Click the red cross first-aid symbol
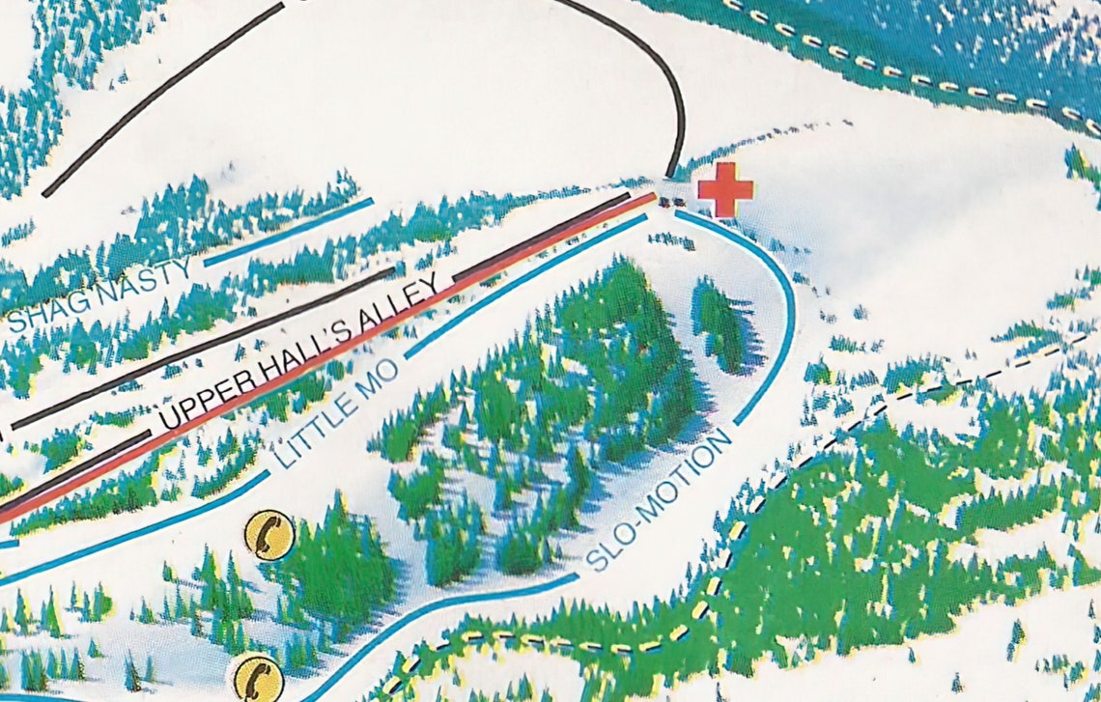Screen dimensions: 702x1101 click(x=725, y=189)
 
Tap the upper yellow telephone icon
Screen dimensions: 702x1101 click(x=268, y=534)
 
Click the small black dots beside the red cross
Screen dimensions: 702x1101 click(x=672, y=201)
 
